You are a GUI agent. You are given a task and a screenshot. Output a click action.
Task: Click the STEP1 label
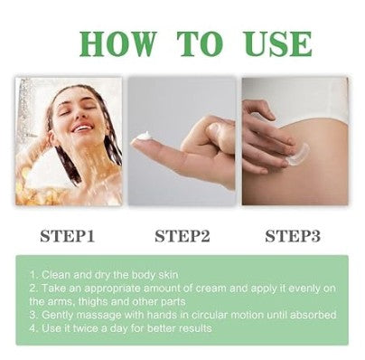coord(69,237)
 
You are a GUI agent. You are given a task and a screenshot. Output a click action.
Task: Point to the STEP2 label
coord(183,237)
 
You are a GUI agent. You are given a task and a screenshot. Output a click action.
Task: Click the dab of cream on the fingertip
coord(143,136)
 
